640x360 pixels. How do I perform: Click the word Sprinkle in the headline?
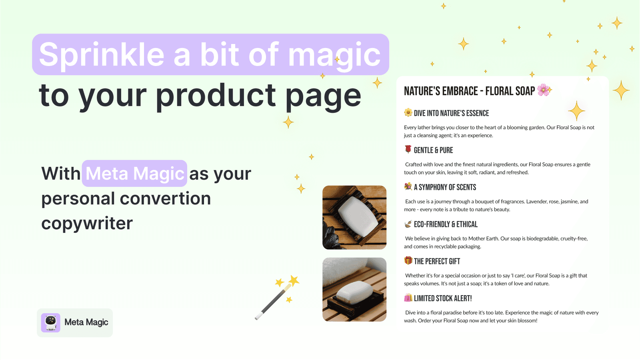pos(102,55)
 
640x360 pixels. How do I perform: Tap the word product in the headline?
pos(216,96)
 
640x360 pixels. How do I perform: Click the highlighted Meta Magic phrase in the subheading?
pos(135,174)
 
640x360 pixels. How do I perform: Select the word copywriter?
pos(87,223)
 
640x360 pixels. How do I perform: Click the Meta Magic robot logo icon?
pos(51,322)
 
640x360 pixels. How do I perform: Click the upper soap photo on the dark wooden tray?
pos(354,217)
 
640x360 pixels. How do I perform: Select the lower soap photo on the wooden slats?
pos(354,289)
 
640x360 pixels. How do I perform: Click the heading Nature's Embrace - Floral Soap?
pos(469,91)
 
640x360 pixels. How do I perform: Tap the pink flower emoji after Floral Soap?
pos(543,90)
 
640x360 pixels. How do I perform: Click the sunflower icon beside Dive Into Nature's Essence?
pos(408,113)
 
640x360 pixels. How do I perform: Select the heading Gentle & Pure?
pos(433,150)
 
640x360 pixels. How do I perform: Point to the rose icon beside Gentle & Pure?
pos(408,150)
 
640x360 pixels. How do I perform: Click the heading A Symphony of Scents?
pos(445,187)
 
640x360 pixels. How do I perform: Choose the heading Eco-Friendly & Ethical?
pos(446,224)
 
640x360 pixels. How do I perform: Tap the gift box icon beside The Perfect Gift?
pos(408,261)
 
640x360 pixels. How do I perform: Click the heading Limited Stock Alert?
pos(443,298)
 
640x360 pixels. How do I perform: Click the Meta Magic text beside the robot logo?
pos(86,322)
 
